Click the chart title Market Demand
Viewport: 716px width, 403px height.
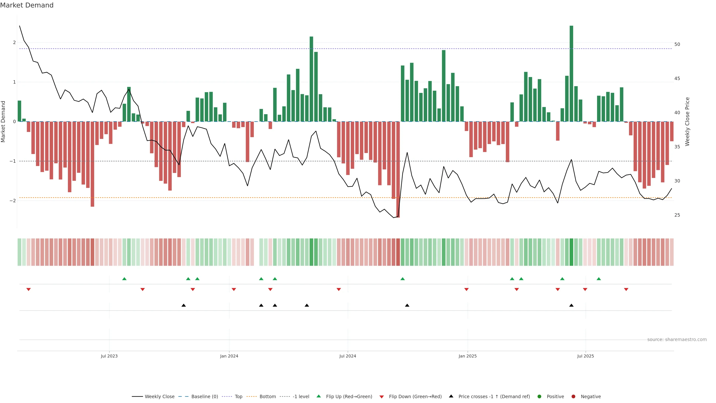[x=27, y=5]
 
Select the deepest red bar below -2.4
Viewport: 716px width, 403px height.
[x=398, y=170]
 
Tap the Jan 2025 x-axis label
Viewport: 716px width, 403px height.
[x=467, y=356]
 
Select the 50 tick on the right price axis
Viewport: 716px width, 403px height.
[x=677, y=45]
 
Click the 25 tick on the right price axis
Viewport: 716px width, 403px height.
[x=677, y=215]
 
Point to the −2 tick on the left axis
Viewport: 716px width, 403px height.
[x=13, y=201]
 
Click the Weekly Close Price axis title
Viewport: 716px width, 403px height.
[x=687, y=121]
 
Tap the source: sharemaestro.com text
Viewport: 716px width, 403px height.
[x=677, y=340]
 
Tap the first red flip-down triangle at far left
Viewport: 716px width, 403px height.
[x=28, y=290]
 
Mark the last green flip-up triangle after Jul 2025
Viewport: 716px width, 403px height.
[x=599, y=279]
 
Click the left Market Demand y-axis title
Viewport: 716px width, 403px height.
[x=3, y=121]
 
